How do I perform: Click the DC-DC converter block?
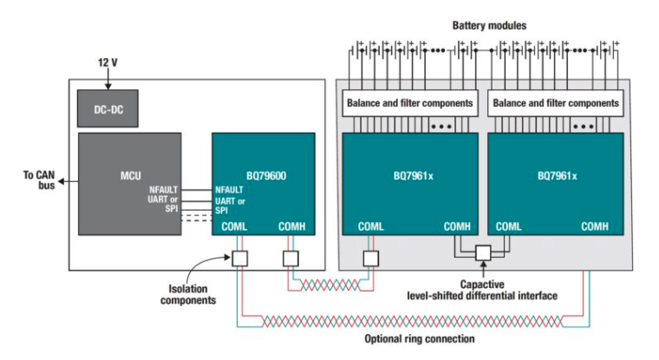pos(108,108)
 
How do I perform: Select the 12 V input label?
pos(108,62)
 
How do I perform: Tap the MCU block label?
pos(131,176)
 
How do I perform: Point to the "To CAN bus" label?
pos(39,180)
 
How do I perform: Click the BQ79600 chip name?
pos(266,176)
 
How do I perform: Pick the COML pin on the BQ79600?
pos(234,226)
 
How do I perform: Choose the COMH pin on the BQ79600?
pos(291,226)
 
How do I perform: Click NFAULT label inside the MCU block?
pos(164,190)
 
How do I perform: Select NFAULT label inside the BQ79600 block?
pos(229,190)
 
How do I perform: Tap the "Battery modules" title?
pos(489,26)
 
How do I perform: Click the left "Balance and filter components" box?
pos(410,103)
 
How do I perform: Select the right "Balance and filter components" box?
pos(556,103)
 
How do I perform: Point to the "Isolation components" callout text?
pos(188,294)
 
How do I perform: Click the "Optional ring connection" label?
pos(420,339)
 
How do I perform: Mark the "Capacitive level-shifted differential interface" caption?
pos(482,291)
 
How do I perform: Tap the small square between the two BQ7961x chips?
pos(483,253)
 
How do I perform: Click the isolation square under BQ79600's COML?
pos(240,259)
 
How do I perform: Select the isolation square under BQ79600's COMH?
pos(290,259)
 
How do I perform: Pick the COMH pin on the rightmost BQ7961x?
pos(595,226)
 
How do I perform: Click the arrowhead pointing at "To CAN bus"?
pos(61,181)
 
